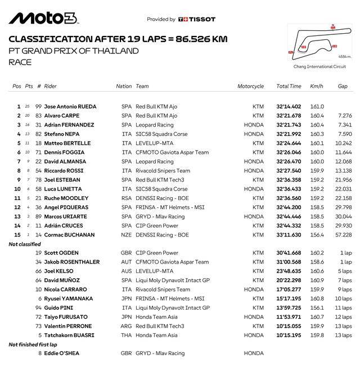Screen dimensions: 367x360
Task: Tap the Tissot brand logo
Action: click(x=196, y=19)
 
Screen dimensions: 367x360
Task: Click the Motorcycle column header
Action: click(x=250, y=87)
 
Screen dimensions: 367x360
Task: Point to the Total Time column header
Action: click(x=289, y=87)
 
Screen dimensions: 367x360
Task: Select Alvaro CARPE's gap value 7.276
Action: click(x=345, y=116)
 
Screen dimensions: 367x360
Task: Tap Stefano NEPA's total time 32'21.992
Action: click(x=289, y=134)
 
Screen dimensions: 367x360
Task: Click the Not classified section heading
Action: click(x=25, y=244)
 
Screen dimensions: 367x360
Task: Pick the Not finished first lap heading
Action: click(x=33, y=345)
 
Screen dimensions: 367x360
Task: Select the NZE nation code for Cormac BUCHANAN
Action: click(x=126, y=235)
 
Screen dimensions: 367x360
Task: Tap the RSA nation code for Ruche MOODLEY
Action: click(x=126, y=198)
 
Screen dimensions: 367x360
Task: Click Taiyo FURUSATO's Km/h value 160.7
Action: click(x=317, y=317)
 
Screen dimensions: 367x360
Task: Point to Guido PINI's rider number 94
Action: click(x=39, y=308)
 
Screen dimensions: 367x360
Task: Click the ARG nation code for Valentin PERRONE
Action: click(x=126, y=327)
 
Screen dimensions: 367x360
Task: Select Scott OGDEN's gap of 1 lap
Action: click(x=346, y=253)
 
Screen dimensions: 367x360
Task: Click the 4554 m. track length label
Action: click(x=345, y=56)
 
